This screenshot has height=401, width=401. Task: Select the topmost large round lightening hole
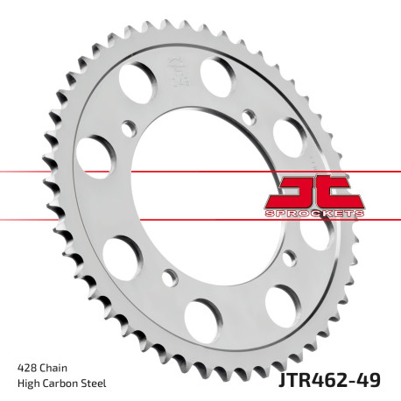coord(215,73)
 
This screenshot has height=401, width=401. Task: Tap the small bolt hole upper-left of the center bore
coord(128,126)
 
